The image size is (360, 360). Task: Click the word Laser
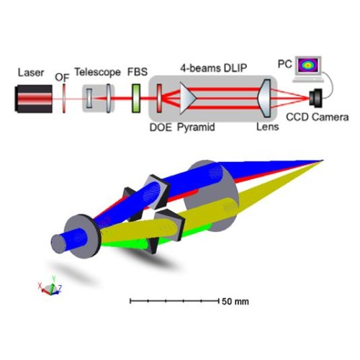[x=31, y=73]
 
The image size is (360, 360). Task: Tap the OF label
[x=62, y=78]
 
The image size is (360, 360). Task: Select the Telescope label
[x=98, y=72]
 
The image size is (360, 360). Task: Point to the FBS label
[x=138, y=72]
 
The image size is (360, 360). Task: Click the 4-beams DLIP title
[x=214, y=68]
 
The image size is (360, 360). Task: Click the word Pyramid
[x=196, y=127]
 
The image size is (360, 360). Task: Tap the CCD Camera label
[x=318, y=117]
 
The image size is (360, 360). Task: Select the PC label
[x=285, y=64]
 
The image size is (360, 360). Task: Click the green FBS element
[x=136, y=98]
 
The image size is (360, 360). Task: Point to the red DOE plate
[x=159, y=98]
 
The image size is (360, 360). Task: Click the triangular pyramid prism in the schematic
[x=188, y=98]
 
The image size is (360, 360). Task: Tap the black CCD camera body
[x=315, y=97]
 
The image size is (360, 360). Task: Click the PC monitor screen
[x=308, y=65]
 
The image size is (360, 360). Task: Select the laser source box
[x=33, y=99]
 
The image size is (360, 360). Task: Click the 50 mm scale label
[x=235, y=302]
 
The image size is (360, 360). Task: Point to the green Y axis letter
[x=54, y=279]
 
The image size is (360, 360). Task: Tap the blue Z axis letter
[x=60, y=288]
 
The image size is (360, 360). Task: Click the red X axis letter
[x=40, y=286]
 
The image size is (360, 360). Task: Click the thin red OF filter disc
[x=64, y=98]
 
